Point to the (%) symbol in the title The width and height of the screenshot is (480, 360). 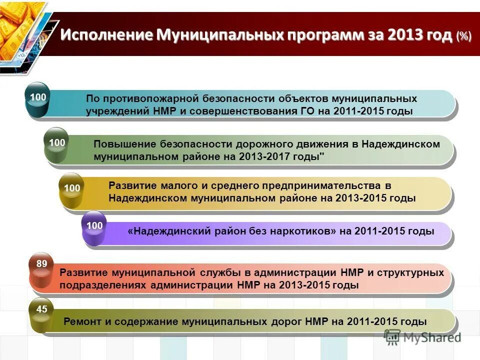(463, 36)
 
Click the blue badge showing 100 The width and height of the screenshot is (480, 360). (38, 96)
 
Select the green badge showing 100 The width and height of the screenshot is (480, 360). (57, 143)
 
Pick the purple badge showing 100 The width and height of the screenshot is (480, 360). (94, 226)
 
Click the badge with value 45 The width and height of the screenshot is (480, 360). (41, 310)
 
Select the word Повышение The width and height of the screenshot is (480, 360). (125, 144)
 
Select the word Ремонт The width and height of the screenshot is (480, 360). (82, 322)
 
